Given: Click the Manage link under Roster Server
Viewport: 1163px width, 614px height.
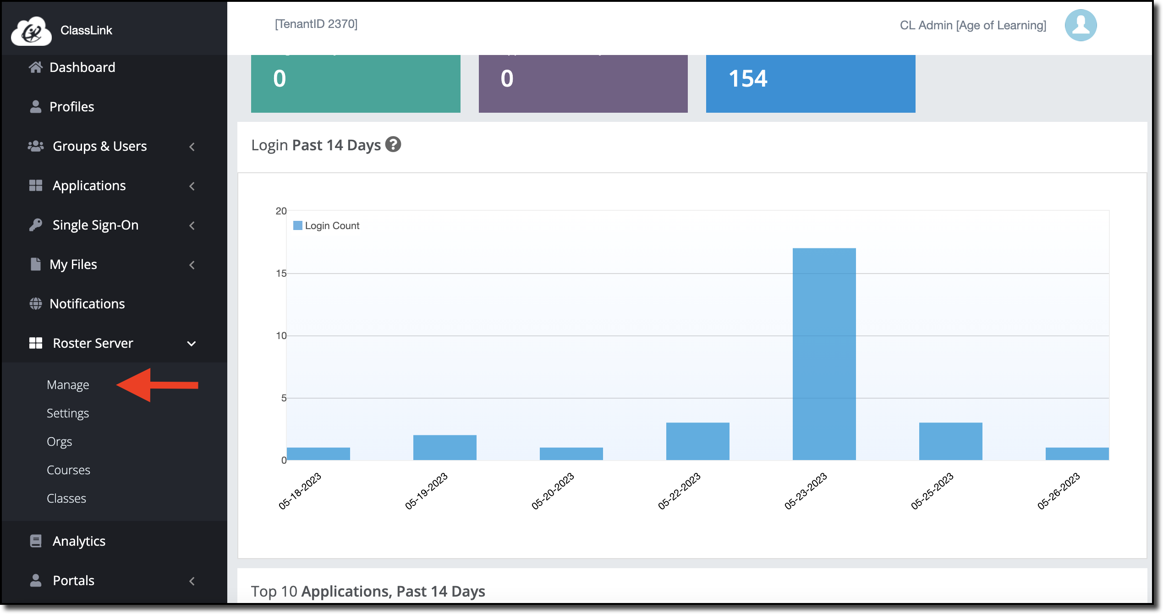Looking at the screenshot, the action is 68,385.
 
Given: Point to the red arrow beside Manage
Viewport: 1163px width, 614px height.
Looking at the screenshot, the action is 157,385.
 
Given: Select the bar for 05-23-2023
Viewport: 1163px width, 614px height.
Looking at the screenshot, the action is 824,354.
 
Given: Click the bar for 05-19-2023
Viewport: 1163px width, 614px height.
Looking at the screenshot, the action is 444,447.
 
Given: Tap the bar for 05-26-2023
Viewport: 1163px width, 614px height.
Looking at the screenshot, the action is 1077,454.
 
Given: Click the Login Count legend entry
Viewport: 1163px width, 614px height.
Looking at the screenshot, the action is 326,225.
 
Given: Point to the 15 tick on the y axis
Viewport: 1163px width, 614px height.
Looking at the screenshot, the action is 281,274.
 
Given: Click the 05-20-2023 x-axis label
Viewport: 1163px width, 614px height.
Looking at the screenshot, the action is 552,491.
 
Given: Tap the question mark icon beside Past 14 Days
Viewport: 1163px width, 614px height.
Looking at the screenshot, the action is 393,144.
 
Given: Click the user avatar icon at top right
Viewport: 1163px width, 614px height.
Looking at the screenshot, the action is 1081,25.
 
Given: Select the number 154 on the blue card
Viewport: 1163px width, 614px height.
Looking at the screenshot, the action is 748,78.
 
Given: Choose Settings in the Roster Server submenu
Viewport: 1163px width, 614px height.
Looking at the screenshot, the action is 68,413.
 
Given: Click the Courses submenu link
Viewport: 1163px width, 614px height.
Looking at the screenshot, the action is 68,470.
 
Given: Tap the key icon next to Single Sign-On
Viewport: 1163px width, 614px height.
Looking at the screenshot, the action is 35,225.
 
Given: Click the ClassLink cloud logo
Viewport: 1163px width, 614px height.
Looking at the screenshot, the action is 31,31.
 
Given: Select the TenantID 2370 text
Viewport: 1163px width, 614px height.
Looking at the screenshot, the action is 316,24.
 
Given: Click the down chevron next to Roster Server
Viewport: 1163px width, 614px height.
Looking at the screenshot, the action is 192,344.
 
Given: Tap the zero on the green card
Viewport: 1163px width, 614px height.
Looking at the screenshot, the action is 280,78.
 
